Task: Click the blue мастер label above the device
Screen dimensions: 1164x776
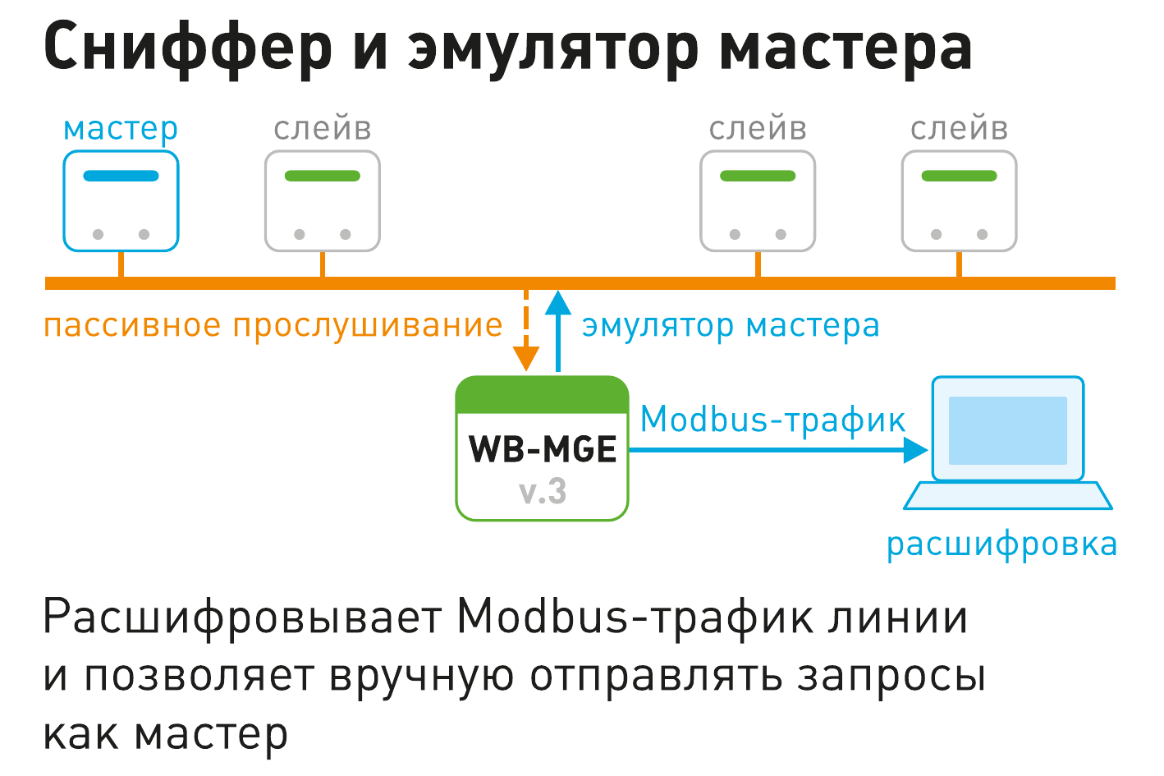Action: pos(121,129)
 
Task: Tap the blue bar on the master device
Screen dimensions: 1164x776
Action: pos(121,176)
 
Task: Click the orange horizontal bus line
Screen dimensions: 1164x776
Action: pos(580,283)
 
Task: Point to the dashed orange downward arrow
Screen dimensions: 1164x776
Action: pos(526,331)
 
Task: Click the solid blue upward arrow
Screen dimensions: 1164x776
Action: pos(558,331)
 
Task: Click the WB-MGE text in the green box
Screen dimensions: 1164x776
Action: pos(543,449)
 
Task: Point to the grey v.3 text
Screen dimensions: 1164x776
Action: pos(543,492)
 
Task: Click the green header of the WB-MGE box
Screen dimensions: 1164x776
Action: pos(542,395)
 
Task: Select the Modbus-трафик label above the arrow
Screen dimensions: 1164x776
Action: pos(772,419)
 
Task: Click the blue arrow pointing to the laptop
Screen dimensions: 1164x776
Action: pos(778,450)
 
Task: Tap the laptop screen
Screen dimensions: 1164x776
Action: pos(1007,429)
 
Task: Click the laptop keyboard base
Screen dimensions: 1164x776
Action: pos(1007,496)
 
